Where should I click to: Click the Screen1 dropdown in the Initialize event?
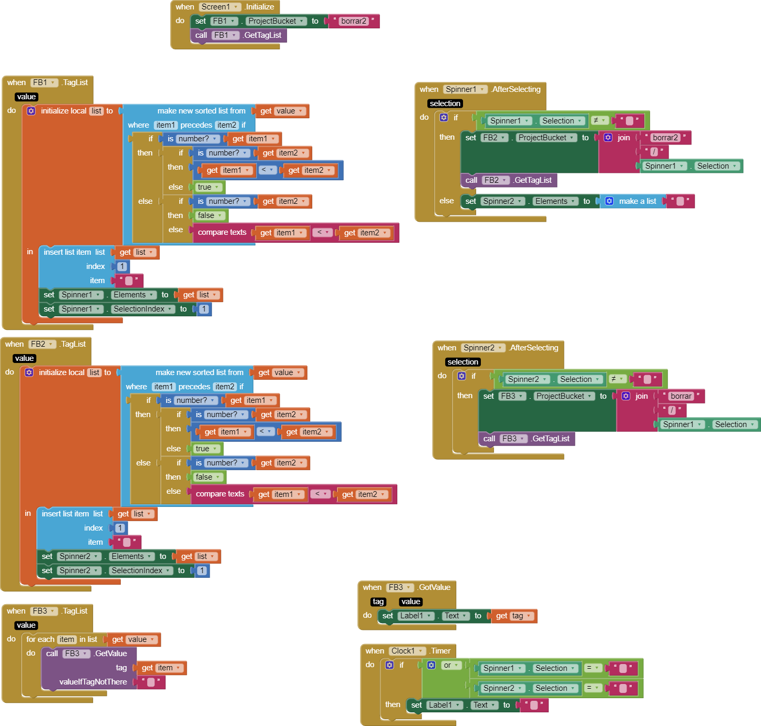click(x=220, y=7)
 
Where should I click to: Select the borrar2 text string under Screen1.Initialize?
click(x=353, y=21)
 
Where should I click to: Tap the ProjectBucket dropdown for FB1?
click(x=276, y=21)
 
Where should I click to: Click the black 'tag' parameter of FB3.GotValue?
click(x=378, y=601)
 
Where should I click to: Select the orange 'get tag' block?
click(x=512, y=616)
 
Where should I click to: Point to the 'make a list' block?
click(x=637, y=201)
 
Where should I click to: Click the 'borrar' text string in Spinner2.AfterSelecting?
click(x=681, y=396)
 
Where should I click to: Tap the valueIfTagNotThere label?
click(x=93, y=682)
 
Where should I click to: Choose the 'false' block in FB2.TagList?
click(x=208, y=477)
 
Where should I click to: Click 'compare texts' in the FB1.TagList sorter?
click(x=222, y=232)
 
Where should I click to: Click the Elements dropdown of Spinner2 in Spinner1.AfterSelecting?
click(x=555, y=201)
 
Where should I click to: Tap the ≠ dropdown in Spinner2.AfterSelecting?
click(x=618, y=379)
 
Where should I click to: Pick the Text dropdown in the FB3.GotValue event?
click(x=455, y=616)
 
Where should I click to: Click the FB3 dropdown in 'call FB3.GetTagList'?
click(x=513, y=439)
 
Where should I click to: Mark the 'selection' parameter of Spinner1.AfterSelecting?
click(x=445, y=103)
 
